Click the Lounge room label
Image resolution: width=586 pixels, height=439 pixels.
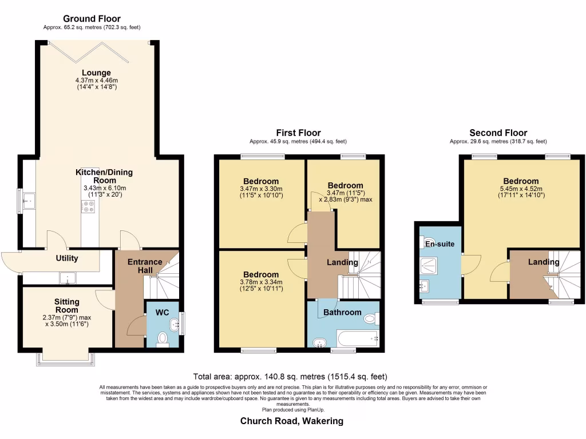[x=92, y=73]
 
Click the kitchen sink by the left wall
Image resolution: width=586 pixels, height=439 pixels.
[x=29, y=201]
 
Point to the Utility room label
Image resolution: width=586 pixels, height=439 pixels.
[x=66, y=258]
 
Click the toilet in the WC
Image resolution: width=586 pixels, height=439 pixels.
[x=163, y=339]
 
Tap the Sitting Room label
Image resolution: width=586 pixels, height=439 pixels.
[x=66, y=306]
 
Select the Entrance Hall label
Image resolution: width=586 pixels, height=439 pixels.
[x=144, y=266]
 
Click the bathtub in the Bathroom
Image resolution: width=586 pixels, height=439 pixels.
[x=357, y=338]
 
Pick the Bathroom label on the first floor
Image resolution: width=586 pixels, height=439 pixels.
[x=342, y=312]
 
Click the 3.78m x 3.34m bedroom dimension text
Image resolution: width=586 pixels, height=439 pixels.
[x=260, y=282]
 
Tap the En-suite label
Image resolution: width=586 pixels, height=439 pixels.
[x=439, y=244]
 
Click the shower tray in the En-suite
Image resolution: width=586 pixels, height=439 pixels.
[x=429, y=264]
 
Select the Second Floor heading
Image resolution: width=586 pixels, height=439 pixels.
[x=498, y=133]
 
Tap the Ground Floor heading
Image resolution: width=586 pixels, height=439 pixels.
[x=92, y=19]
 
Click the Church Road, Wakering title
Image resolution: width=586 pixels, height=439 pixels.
[x=292, y=421]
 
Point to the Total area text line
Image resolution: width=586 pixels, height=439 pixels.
[x=291, y=377]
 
